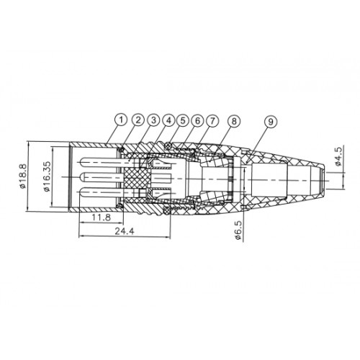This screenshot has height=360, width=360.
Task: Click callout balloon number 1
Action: pos(122,120)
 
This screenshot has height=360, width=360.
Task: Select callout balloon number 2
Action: pos(138,120)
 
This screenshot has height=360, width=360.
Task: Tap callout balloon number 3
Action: pos(153,120)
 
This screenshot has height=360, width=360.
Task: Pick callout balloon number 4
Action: pos(168,120)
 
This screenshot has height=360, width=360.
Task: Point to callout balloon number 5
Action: pos(183,120)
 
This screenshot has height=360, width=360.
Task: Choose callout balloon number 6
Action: pos(197,120)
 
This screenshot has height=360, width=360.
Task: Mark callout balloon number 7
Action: pos(212,121)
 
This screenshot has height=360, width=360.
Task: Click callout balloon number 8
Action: pos(234,121)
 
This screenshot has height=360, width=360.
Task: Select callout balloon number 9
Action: pos(271,122)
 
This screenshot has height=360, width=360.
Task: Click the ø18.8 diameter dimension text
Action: pos(23,176)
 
